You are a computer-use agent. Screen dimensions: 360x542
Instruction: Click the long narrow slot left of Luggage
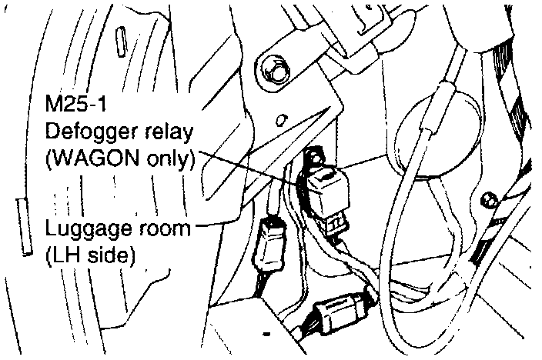coord(23,228)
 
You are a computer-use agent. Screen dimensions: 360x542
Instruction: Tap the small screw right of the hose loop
coord(486,202)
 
